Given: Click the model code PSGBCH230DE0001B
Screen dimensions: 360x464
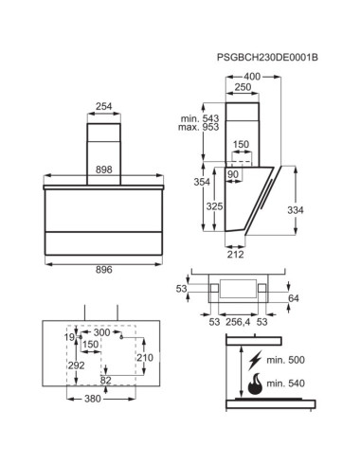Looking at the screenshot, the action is [267, 58].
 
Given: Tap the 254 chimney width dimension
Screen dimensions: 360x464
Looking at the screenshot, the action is [104, 106].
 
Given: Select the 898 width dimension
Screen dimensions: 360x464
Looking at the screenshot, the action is [104, 170].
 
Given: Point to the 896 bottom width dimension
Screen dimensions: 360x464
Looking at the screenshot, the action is [104, 270].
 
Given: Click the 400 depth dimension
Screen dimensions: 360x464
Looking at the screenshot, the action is [252, 77].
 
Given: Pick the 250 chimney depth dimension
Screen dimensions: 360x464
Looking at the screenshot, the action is [243, 87].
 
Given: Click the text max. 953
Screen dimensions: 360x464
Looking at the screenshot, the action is [198, 127].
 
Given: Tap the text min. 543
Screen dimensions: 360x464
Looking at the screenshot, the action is [200, 118].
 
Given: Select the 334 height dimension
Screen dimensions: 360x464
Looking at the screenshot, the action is [296, 210].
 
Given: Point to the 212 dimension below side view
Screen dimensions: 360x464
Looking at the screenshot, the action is [236, 254].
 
